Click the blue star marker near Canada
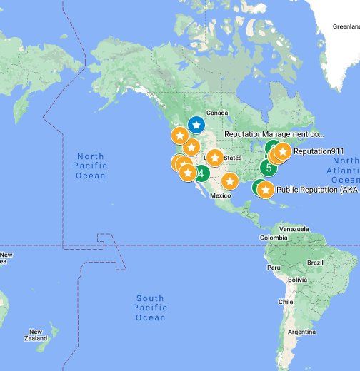196,125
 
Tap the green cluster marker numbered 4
201,173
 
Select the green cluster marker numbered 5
268,168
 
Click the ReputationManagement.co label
274,134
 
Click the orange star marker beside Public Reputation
265,190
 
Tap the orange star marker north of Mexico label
229,181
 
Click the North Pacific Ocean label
91,166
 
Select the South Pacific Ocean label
150,308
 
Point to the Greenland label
346,26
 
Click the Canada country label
216,113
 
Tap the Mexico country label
221,195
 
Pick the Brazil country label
316,263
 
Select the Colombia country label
274,238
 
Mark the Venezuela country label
294,229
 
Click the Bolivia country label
289,280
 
